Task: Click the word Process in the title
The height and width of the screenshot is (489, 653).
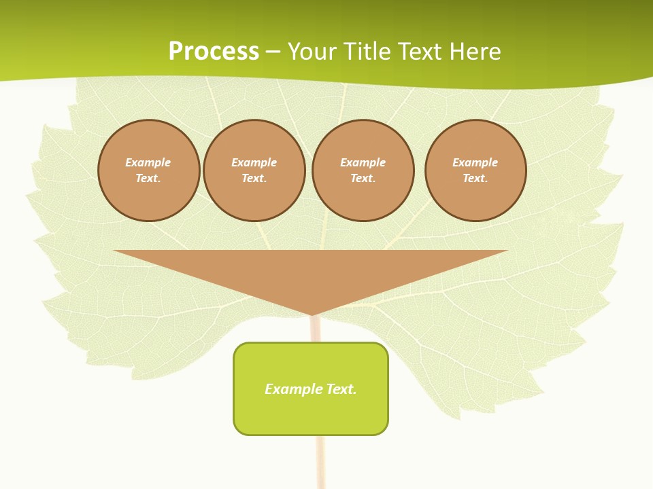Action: pos(214,52)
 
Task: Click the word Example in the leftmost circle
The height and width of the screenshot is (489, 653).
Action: pos(148,162)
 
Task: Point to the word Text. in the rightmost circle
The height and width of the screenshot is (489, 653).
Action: pos(475,179)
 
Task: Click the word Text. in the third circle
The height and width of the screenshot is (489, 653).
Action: pos(363,179)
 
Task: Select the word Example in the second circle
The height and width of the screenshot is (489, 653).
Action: pos(254,162)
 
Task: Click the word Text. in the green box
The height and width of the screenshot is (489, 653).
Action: pos(341,389)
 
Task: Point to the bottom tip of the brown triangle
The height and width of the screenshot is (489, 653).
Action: pos(312,313)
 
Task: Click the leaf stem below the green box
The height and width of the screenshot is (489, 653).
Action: pos(320,462)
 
